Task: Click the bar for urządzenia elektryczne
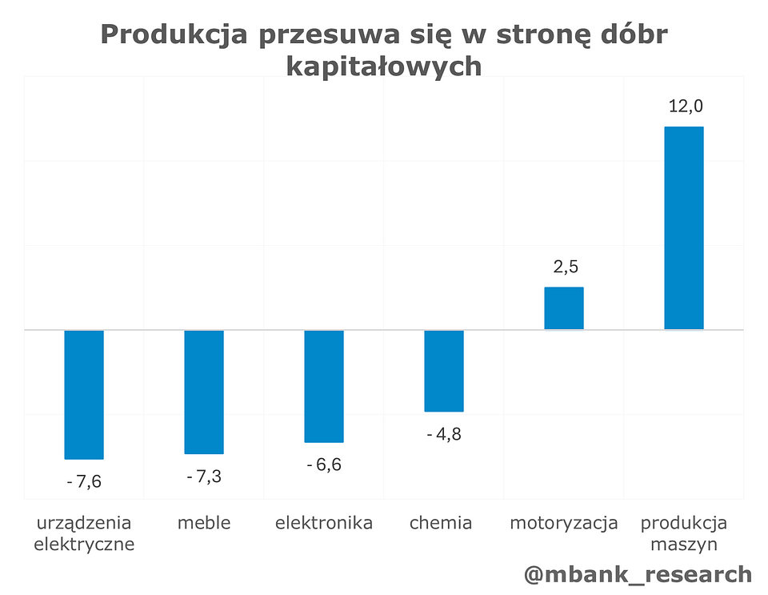click(x=84, y=394)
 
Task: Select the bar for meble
click(x=204, y=392)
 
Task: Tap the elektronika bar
click(x=324, y=386)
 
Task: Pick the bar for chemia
click(x=444, y=370)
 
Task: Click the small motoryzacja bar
click(x=564, y=308)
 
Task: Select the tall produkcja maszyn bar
click(x=684, y=228)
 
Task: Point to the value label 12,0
click(x=684, y=107)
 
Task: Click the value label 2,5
click(x=564, y=267)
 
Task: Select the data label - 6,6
click(x=324, y=465)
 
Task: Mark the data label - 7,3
click(x=204, y=477)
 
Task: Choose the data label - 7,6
click(x=84, y=482)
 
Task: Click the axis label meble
click(x=204, y=524)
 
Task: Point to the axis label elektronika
click(x=324, y=524)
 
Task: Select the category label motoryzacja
click(x=564, y=524)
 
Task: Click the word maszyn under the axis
click(x=684, y=545)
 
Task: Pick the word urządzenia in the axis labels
click(x=84, y=524)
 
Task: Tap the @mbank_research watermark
click(x=638, y=574)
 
